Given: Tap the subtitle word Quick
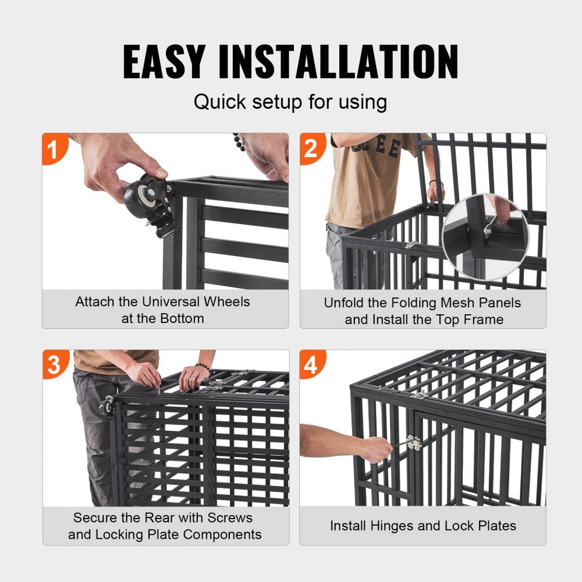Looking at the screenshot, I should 220,102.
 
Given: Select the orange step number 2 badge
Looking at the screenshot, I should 311,150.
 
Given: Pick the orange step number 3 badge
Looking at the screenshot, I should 54,364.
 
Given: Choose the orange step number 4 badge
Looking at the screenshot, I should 311,365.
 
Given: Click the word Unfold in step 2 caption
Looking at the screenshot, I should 344,303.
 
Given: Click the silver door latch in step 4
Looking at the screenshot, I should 414,443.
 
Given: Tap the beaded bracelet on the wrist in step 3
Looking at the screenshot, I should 203,367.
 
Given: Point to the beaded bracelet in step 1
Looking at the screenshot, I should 239,141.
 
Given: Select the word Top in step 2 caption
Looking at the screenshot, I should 445,320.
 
